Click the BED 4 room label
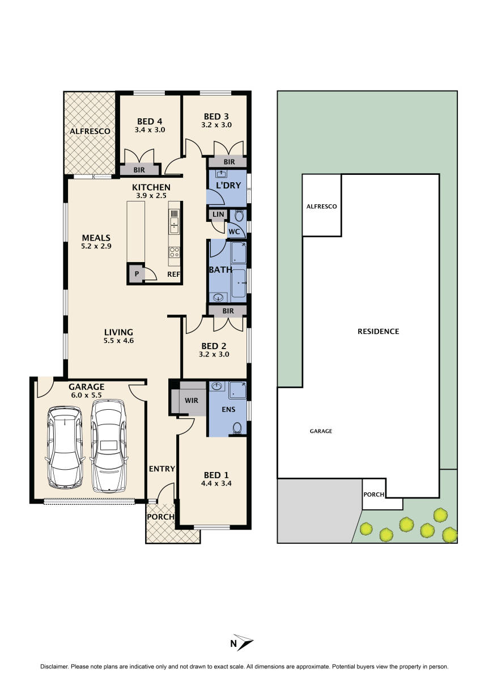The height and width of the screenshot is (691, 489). click(x=150, y=121)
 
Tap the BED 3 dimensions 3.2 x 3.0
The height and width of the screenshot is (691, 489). click(x=216, y=125)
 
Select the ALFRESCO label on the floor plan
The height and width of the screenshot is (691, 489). click(x=90, y=131)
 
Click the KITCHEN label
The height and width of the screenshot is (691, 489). click(x=151, y=187)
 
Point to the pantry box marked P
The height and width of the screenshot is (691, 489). click(x=136, y=274)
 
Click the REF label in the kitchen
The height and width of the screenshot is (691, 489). click(x=173, y=274)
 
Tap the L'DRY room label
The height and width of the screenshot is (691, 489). click(x=228, y=185)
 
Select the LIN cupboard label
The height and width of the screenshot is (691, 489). click(x=218, y=215)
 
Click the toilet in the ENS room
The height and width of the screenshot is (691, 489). click(x=237, y=428)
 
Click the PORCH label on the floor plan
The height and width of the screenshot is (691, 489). click(x=160, y=517)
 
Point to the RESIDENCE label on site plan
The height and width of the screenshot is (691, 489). click(x=378, y=331)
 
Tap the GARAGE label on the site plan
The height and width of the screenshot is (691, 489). click(x=321, y=431)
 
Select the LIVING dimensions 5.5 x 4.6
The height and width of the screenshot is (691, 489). click(x=118, y=341)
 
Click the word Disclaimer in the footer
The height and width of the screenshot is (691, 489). click(x=54, y=667)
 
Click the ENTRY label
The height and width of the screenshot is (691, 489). click(x=161, y=469)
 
